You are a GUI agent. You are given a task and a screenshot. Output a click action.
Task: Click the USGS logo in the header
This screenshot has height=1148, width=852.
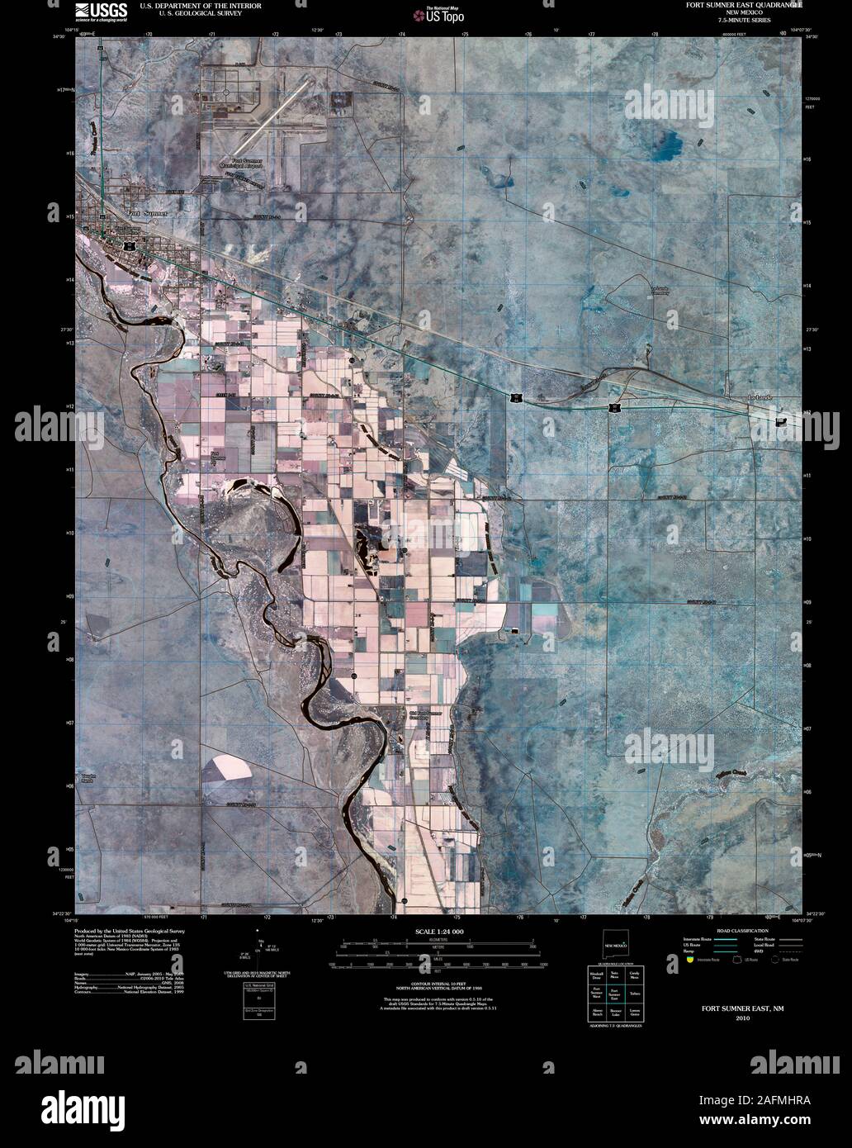101,12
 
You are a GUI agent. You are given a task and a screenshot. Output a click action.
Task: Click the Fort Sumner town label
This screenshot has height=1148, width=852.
147,213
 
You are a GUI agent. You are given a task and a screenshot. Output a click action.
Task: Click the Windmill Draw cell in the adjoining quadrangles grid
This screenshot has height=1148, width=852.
595,976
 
